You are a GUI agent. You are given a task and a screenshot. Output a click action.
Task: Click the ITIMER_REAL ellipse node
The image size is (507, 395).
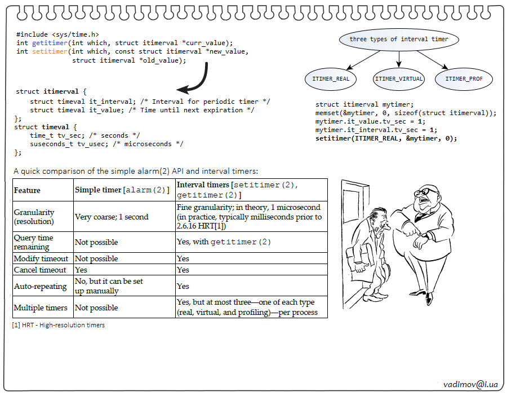click(x=331, y=79)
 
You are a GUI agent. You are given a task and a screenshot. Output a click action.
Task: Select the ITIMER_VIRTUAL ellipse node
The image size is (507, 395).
click(x=399, y=79)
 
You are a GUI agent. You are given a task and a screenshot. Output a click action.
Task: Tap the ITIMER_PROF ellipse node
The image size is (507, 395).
click(x=464, y=79)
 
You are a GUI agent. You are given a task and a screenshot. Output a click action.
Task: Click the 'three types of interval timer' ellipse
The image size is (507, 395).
click(x=399, y=39)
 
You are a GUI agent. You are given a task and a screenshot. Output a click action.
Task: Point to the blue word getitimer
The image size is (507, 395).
click(x=50, y=43)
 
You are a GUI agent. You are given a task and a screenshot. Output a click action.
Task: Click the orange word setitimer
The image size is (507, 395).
click(x=50, y=51)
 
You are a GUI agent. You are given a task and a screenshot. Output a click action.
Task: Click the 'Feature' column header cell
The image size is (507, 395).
click(x=43, y=190)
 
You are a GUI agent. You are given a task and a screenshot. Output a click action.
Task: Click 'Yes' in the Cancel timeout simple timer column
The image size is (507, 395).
click(x=81, y=270)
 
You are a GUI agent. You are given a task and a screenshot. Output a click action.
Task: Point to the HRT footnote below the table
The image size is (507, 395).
click(x=59, y=325)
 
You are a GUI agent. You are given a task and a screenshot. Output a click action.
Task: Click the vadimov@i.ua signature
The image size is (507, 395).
click(x=470, y=384)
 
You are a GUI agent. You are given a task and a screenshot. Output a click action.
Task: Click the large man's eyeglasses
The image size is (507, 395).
click(x=424, y=192)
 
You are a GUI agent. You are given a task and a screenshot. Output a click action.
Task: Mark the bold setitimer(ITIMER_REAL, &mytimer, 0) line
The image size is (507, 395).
click(x=386, y=139)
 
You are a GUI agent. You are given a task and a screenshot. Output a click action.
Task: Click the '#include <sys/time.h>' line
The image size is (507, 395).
click(x=57, y=34)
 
